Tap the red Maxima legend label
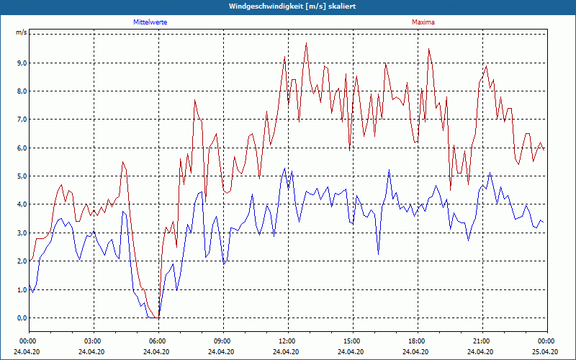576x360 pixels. click(423, 22)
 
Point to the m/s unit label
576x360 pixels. click(21, 33)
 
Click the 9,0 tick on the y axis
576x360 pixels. click(21, 63)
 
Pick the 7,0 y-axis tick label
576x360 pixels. click(21, 120)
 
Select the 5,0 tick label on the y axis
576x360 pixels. click(21, 176)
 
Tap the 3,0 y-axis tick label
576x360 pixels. click(21, 233)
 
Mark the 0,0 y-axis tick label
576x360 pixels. click(21, 318)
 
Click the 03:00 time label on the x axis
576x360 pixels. click(93, 341)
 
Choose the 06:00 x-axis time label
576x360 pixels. click(158, 341)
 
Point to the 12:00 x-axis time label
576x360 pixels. click(287, 341)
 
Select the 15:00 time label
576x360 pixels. click(352, 341)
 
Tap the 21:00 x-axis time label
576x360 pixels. click(482, 341)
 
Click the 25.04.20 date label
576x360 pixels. click(546, 351)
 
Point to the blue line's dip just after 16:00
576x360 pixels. click(378, 253)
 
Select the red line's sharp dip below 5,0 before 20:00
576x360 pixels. click(451, 189)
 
